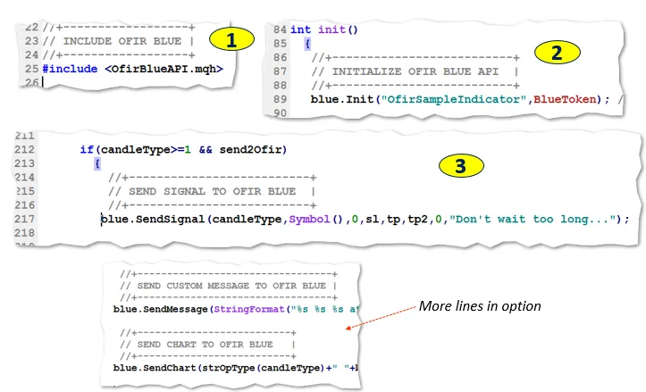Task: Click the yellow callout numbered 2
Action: click(556, 51)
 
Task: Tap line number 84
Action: click(279, 29)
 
